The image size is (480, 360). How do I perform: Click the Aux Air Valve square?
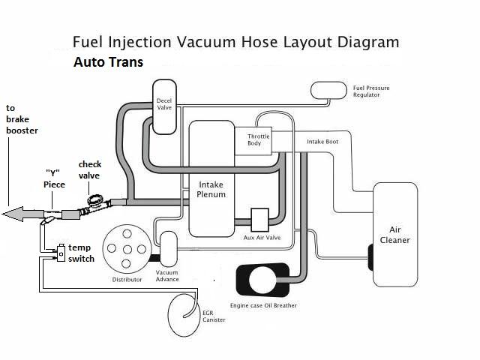260,220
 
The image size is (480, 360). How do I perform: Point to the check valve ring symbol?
96,201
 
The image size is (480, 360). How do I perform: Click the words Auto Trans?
108,63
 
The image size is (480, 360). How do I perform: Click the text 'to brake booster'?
22,119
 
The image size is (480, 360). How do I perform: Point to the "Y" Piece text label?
55,179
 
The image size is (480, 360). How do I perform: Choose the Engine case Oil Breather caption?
263,306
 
